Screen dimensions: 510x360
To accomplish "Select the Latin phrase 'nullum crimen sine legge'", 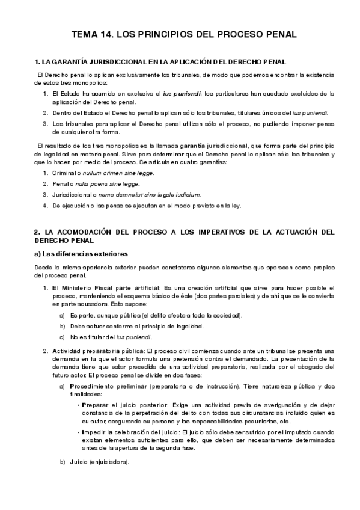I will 123,173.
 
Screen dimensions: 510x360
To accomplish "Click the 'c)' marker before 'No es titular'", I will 62,337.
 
